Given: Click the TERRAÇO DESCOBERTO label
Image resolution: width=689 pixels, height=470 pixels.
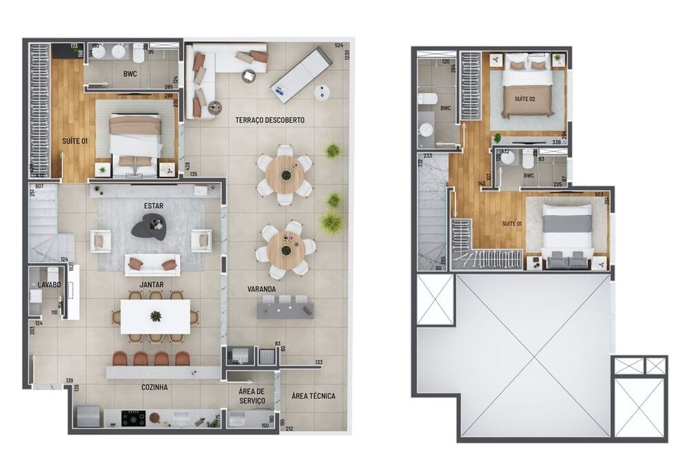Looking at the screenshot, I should [269, 120].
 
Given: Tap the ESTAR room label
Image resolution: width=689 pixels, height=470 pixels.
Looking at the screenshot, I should [154, 205].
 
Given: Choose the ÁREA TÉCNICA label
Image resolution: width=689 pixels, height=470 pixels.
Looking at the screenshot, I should [313, 396].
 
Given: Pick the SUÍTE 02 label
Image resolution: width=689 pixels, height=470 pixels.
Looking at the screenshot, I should [524, 98].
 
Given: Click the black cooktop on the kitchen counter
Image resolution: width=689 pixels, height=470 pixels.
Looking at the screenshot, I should [133, 418].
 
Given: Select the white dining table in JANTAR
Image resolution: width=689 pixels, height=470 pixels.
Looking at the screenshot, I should [155, 316].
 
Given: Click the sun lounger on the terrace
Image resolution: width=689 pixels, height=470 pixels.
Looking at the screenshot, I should [301, 71].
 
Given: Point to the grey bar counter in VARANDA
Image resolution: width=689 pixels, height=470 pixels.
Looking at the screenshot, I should [285, 309].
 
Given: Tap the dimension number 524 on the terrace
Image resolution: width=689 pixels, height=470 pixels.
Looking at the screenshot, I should [338, 46].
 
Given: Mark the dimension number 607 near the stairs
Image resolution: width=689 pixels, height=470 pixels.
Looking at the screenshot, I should [39, 187].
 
